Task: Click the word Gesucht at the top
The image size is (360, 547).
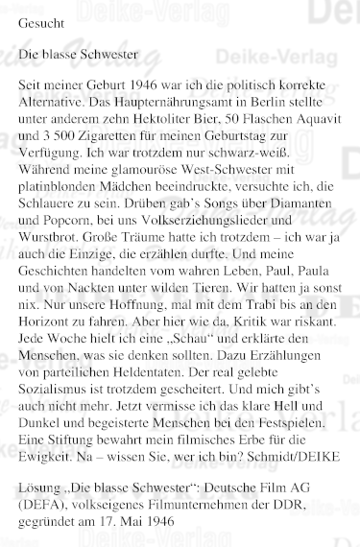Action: click(x=42, y=21)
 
